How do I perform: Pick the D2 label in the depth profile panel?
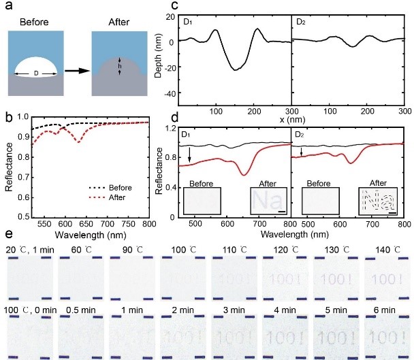[x=302, y=22]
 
